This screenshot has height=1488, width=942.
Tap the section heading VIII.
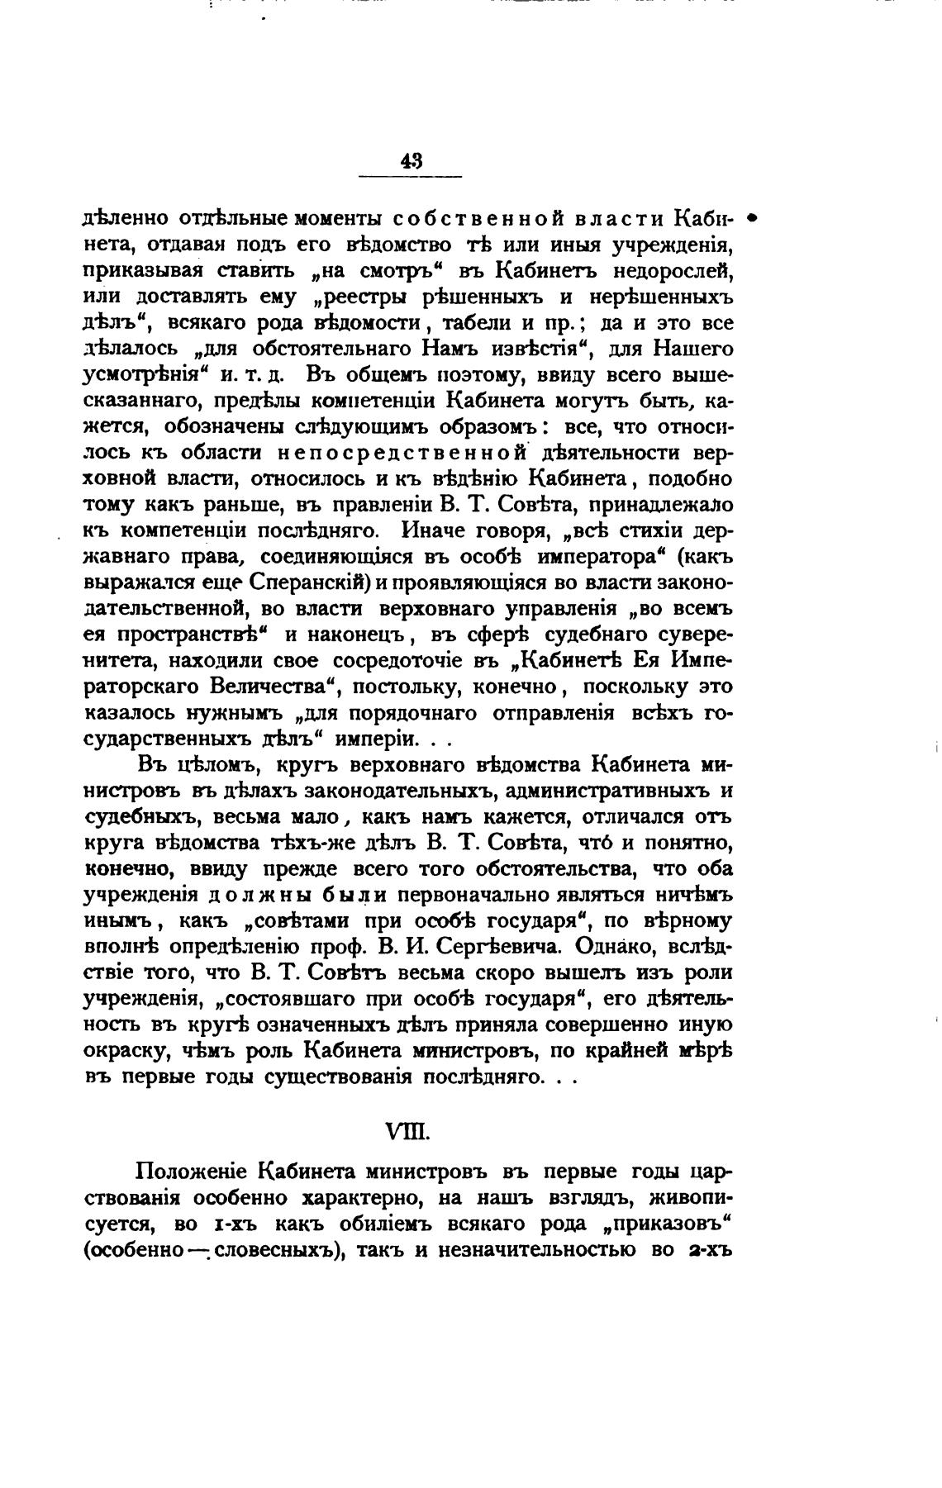(x=408, y=1130)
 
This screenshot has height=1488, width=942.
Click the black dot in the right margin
(x=752, y=219)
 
